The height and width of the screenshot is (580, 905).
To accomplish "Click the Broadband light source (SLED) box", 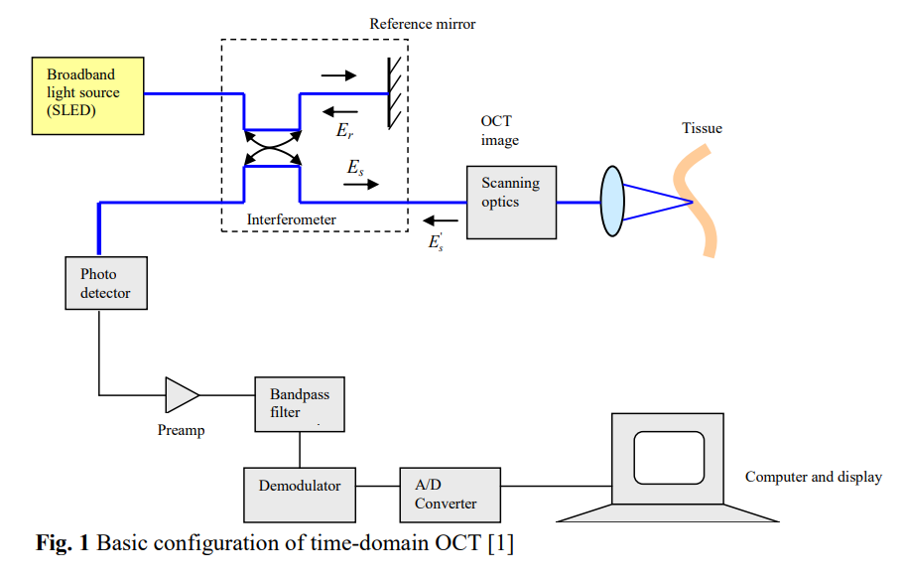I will (86, 95).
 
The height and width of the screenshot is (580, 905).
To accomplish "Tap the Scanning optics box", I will (511, 202).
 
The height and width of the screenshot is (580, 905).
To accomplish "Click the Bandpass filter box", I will (300, 403).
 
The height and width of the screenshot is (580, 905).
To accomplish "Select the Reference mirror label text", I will (423, 24).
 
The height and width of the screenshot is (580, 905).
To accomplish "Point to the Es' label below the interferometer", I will (436, 241).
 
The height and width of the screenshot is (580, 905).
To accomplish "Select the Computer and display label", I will (813, 477).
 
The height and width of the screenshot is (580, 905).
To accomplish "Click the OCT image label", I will (499, 130).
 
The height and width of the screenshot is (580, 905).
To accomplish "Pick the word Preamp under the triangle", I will (182, 431).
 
